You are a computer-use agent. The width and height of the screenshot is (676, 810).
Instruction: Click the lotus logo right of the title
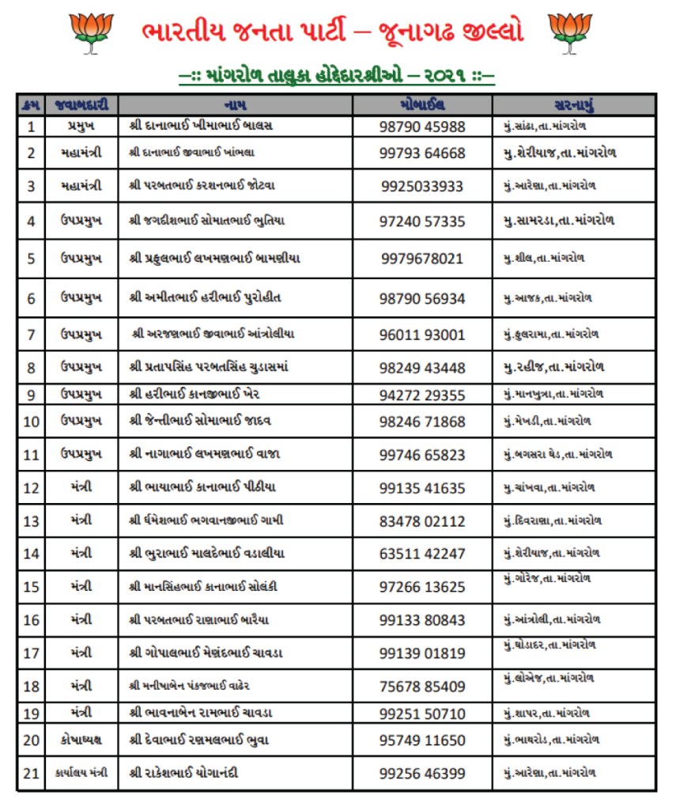(x=570, y=32)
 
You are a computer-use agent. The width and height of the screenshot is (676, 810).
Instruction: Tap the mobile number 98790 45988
(x=422, y=127)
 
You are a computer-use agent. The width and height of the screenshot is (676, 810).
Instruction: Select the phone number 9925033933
(x=422, y=186)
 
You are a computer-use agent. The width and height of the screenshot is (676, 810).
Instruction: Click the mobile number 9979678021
(x=422, y=259)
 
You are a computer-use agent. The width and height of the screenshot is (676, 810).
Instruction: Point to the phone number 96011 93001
(x=422, y=335)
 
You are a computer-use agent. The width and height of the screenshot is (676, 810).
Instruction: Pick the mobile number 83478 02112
(x=422, y=521)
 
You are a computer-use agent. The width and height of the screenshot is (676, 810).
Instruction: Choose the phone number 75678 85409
(x=422, y=687)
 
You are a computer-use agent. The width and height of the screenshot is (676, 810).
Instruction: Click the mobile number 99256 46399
(x=422, y=774)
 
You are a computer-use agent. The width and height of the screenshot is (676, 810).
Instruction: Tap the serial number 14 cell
(x=31, y=554)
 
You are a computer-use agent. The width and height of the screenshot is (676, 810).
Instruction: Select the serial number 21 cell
(x=31, y=774)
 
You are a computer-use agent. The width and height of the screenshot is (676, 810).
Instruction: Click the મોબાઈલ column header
(x=422, y=104)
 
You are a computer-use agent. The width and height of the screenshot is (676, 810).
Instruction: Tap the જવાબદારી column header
(x=81, y=104)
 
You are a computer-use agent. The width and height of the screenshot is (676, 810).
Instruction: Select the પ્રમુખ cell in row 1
(x=81, y=127)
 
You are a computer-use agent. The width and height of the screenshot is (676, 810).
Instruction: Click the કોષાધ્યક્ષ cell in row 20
(x=81, y=740)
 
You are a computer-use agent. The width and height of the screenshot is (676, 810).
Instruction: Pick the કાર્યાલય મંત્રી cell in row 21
(x=81, y=773)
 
